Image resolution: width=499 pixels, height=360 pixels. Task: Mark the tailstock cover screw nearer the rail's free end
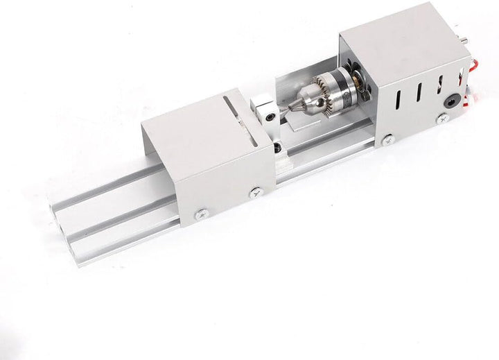(x=202, y=214)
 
